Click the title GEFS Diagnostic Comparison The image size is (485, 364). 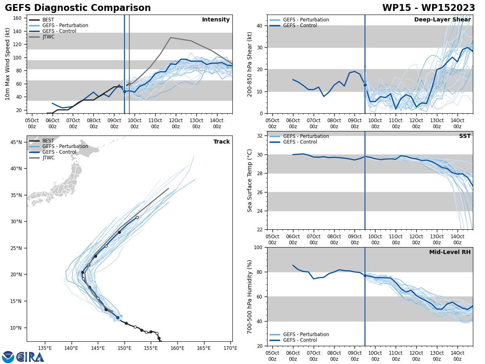[x=78, y=8]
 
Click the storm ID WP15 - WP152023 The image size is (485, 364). [x=428, y=8]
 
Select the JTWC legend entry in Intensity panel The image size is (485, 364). [x=48, y=37]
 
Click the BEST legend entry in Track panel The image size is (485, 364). [x=48, y=141]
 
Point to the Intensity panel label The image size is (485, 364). [x=216, y=20]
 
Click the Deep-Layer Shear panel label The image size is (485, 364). [x=442, y=20]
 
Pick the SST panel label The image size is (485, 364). [x=465, y=136]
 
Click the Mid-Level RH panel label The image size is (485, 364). [x=450, y=252]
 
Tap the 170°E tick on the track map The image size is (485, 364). [x=230, y=348]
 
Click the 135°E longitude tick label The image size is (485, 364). [x=45, y=348]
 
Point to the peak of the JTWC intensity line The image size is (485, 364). [x=171, y=38]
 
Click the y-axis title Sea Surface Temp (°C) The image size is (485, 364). [x=250, y=180]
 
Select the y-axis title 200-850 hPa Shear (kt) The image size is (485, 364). [x=250, y=64]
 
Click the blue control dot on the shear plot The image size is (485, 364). [x=365, y=85]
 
